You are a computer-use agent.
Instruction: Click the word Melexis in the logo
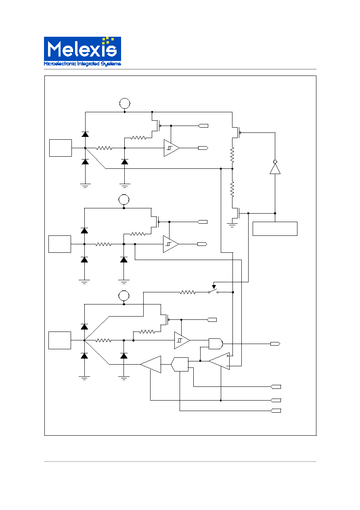pos(82,49)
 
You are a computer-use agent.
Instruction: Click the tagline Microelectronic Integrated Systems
pos(82,64)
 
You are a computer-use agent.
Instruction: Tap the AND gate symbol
pos(216,344)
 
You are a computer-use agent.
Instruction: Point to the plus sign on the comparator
pos(228,356)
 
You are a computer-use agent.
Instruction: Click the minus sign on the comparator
pos(228,366)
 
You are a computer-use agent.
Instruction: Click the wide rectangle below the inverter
pos(275,229)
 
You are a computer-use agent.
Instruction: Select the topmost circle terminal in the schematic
pos(125,103)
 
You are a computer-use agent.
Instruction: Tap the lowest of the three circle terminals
pos(124,296)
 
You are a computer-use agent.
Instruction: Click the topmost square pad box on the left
pos(61,148)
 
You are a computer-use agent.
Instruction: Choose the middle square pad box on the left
pos(60,244)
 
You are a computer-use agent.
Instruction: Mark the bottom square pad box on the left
pos(60,340)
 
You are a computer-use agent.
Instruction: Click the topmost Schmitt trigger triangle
pos(172,148)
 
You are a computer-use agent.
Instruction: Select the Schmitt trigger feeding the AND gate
pos(182,340)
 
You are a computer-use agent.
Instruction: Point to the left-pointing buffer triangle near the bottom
pos(151,364)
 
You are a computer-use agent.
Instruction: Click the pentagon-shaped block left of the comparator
pos(180,364)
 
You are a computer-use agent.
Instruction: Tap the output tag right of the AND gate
pos(275,344)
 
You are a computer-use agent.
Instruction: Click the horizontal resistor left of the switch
pos(188,292)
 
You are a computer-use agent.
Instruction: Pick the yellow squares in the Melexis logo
pos(108,40)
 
